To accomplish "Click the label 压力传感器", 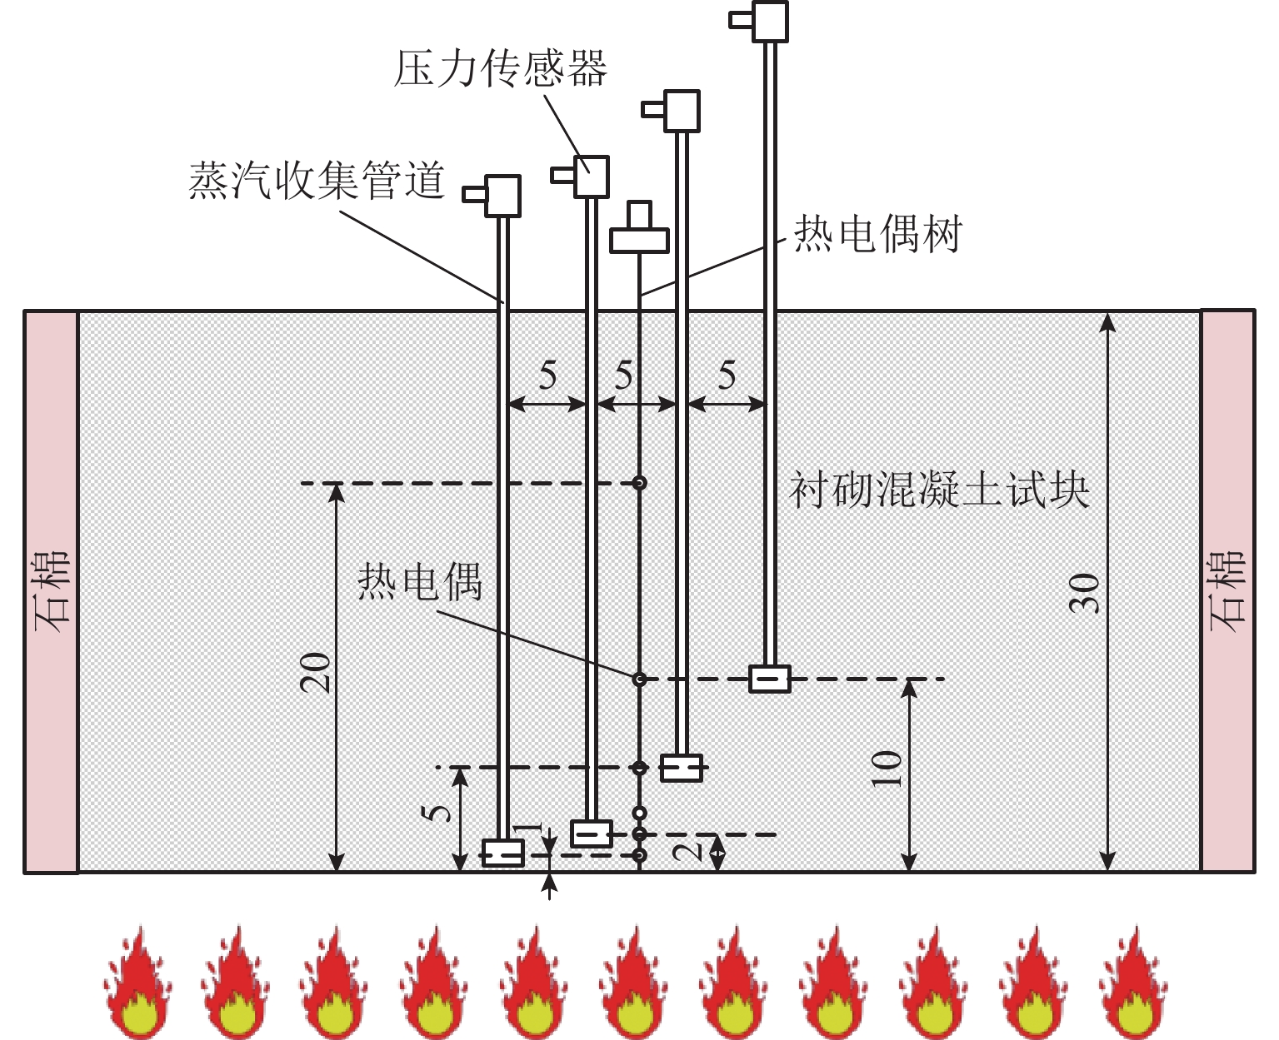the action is pos(500,67).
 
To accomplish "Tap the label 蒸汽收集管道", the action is pos(317,180).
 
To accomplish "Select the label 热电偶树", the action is pos(878,234).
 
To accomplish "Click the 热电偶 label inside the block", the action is pos(420,582).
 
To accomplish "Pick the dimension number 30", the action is pos(1085,594).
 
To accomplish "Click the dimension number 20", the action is pos(316,673).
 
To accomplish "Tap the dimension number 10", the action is pos(887,769).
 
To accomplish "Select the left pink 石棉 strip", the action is pos(51,592).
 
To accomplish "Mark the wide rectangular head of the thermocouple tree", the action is pos(640,241).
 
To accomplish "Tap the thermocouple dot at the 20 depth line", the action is pos(640,483).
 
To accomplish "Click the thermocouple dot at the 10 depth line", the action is pos(639,679).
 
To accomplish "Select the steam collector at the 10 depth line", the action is pos(770,679).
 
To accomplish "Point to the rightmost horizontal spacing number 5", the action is pos(727,376).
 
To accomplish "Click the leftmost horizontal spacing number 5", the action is pos(547,376).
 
